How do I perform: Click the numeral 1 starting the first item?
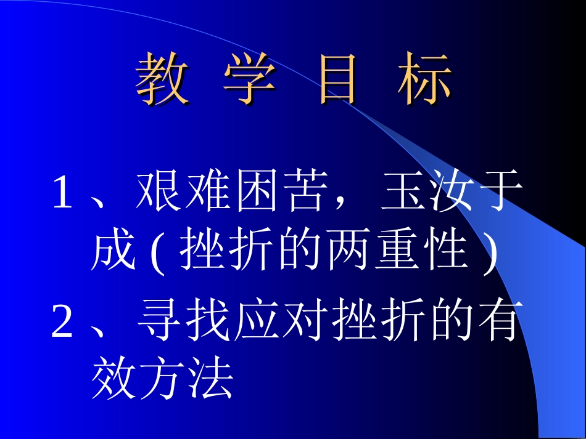pyautogui.click(x=62, y=192)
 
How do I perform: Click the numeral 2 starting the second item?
pyautogui.click(x=62, y=324)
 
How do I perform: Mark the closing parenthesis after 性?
pyautogui.click(x=490, y=252)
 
